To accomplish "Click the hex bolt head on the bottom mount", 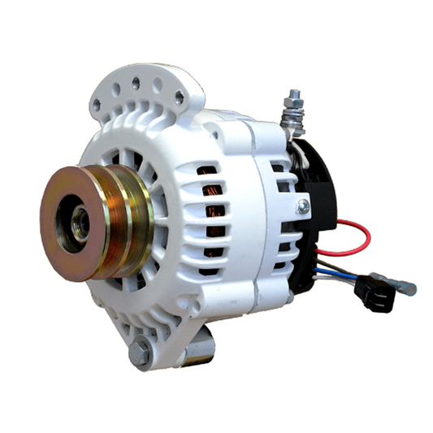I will [x=141, y=353].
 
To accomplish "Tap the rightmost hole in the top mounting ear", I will [x=178, y=97].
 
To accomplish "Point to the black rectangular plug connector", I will [x=378, y=294].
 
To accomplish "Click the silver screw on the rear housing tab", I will [x=302, y=207].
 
